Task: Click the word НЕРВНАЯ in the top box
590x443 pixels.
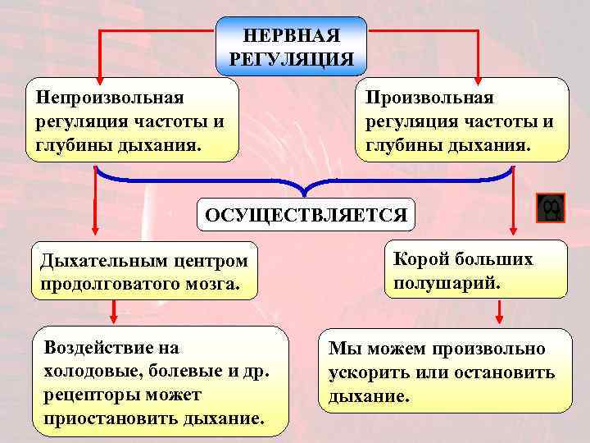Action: (x=291, y=37)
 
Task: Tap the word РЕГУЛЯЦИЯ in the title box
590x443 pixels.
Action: (x=291, y=59)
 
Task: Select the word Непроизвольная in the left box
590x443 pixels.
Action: (x=109, y=97)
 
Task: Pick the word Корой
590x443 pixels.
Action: (x=419, y=259)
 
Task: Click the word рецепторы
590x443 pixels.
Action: (x=88, y=395)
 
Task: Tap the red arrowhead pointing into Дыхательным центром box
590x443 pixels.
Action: (x=97, y=235)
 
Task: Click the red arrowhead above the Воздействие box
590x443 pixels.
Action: (x=113, y=318)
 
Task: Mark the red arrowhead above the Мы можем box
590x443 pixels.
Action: (x=497, y=320)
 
